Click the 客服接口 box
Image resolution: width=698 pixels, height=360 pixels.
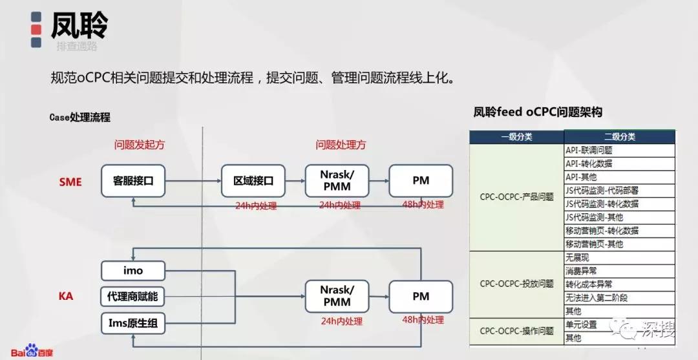[133, 181]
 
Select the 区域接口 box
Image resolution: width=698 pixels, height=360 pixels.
[253, 181]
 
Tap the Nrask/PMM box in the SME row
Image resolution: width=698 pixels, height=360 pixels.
[336, 181]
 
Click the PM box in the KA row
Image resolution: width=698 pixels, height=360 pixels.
[421, 297]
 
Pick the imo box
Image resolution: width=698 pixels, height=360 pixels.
[133, 271]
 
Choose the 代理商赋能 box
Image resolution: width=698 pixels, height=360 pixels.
[133, 297]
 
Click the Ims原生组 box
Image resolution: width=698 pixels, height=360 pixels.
[133, 323]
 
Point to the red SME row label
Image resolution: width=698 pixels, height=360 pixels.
[70, 182]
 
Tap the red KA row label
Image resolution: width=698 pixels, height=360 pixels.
[66, 297]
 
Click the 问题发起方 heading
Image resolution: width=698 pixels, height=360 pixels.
[140, 145]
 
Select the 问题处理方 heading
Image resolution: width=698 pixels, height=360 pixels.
[341, 145]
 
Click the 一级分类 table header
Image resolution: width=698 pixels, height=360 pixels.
[516, 137]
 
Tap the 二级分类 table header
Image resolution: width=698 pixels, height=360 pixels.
[619, 137]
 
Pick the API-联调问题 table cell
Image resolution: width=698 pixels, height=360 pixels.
[589, 150]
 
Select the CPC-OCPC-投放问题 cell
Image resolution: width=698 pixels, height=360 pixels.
[516, 284]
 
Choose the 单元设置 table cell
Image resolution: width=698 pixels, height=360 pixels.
[581, 324]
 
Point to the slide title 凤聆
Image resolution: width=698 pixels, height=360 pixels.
[79, 26]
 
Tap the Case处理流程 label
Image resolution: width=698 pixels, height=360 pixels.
[79, 117]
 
